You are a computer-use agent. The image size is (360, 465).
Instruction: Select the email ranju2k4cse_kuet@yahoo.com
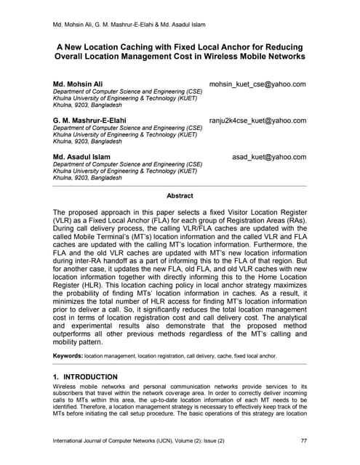[257, 121]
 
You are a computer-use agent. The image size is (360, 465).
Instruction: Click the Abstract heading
[180, 196]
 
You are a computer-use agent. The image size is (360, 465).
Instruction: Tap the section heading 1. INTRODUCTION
[86, 376]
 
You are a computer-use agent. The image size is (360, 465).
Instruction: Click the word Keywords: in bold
[71, 355]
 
